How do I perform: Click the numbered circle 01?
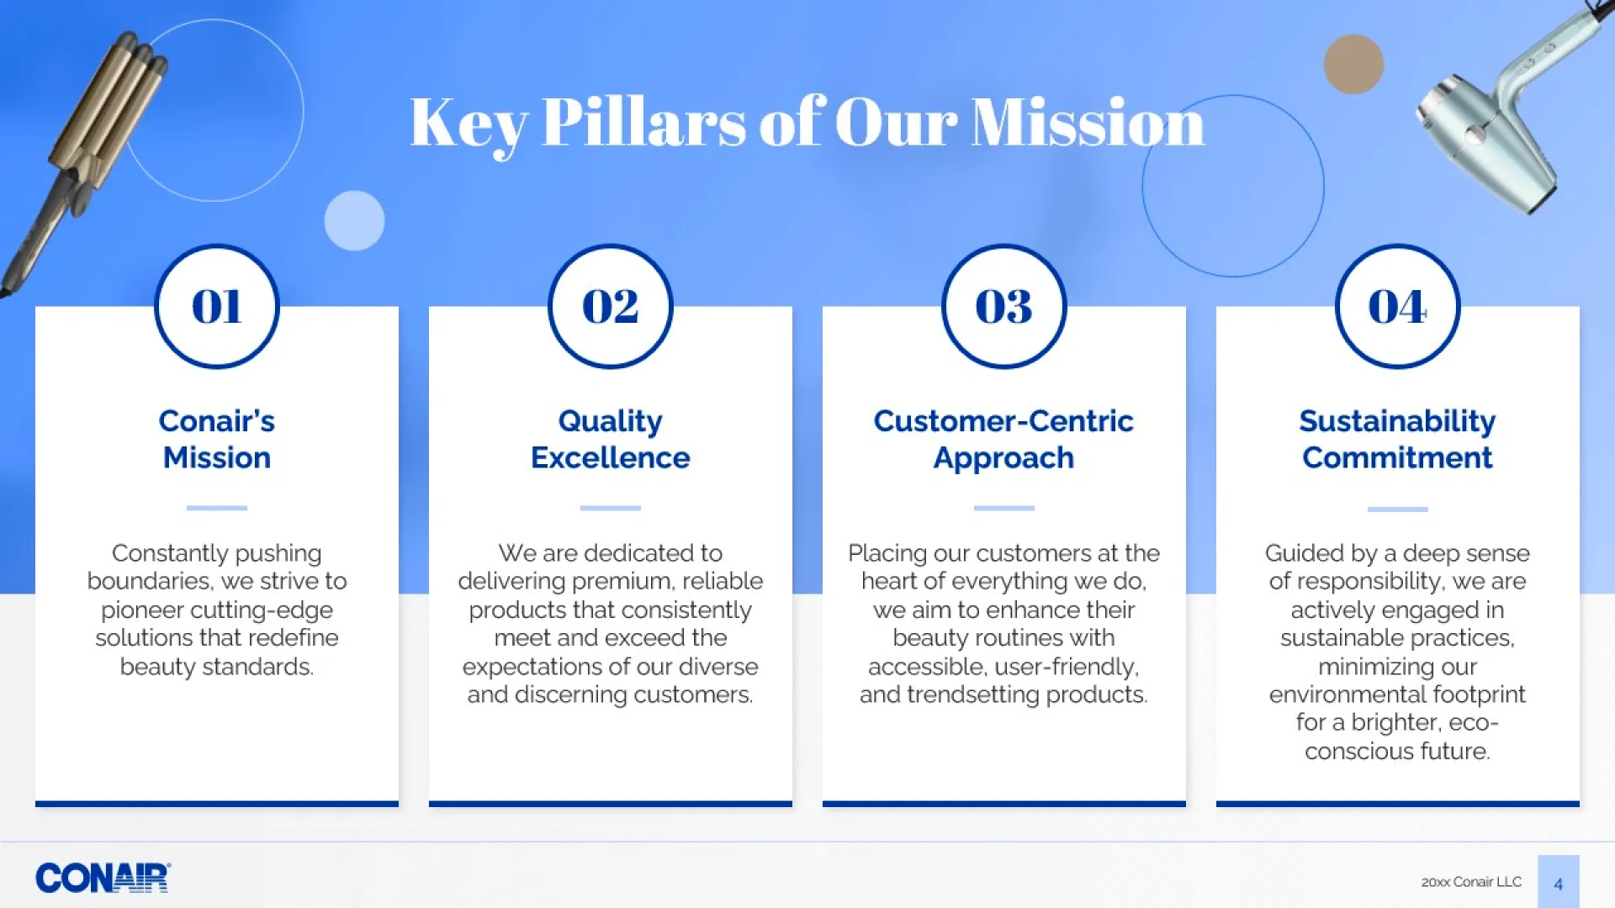tap(217, 306)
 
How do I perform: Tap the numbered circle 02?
tap(611, 306)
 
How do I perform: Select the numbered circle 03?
tap(1004, 306)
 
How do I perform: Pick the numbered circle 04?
tap(1398, 306)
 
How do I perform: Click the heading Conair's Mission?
tap(217, 439)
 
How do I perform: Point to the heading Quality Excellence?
tap(611, 439)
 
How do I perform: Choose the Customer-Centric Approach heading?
tap(1003, 439)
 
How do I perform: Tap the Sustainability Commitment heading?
tap(1398, 439)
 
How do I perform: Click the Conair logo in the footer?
tap(103, 878)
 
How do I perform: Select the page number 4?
tap(1559, 884)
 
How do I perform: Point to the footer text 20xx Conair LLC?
tap(1471, 882)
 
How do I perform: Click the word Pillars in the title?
tap(644, 122)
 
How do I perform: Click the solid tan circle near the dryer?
tap(1353, 64)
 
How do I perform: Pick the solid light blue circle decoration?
tap(354, 220)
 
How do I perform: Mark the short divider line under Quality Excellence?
tap(611, 508)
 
